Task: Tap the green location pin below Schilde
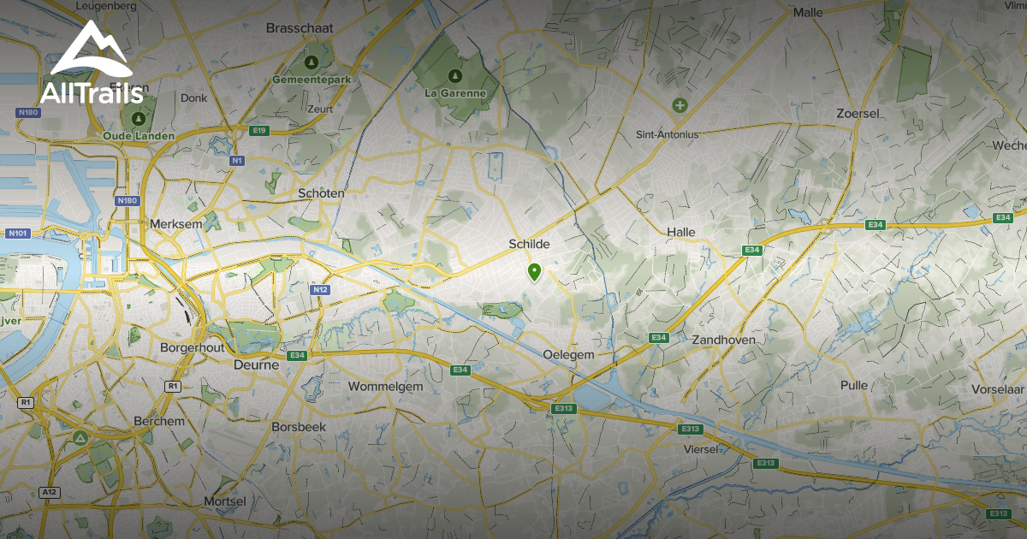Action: coord(535,272)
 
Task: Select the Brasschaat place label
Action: coord(299,27)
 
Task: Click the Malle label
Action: coord(808,12)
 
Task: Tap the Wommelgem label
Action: coord(385,387)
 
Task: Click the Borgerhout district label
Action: coord(192,348)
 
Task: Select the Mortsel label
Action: coord(225,500)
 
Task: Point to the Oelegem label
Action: coord(568,354)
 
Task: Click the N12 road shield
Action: coord(320,290)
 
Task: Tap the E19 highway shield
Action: coord(260,130)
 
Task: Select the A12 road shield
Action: coord(50,493)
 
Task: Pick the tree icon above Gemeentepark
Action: coord(312,62)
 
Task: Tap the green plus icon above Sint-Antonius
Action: coord(680,105)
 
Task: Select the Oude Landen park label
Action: coord(139,136)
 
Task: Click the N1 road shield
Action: coord(237,160)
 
